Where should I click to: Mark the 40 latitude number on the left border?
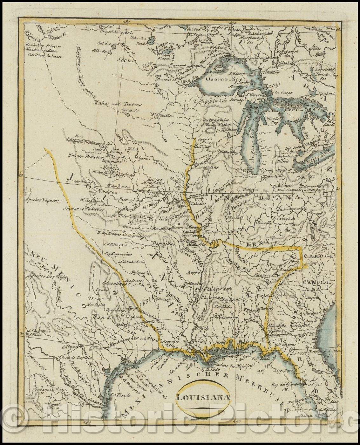point(21,175)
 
